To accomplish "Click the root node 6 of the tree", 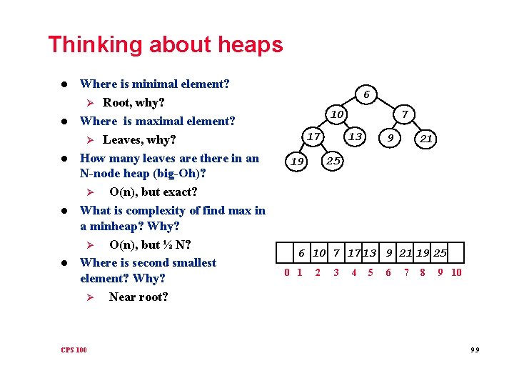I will tap(366, 94).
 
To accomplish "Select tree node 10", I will tap(337, 114).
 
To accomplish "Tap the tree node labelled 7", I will tap(404, 114).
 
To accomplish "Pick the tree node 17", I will tap(312, 136).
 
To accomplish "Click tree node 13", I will tap(355, 136).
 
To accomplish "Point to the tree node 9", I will tap(389, 139).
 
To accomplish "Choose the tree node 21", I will tap(426, 139).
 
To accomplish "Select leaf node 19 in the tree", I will tap(296, 162).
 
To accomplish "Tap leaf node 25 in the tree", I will tap(333, 161).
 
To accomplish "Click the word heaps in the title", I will tap(249, 45).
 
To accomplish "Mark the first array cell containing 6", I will tap(301, 252).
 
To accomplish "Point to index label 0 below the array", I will tap(286, 272).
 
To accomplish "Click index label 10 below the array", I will tap(456, 272).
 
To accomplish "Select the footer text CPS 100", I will tap(74, 350).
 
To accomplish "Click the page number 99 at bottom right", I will tap(475, 350).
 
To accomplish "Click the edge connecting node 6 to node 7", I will tap(386, 104).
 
